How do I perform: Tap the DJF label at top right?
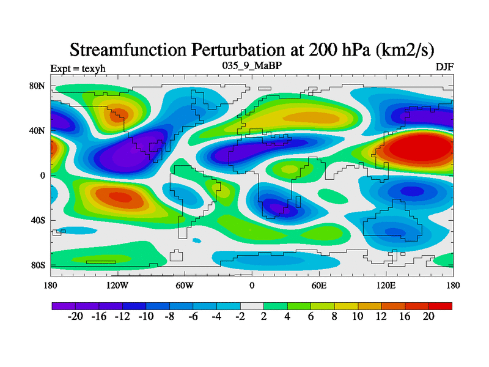coord(444,67)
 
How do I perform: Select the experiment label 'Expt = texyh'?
coord(78,68)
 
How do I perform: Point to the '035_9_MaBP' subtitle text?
coord(252,65)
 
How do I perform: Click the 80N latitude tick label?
coord(37,86)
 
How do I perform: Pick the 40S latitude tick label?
coord(37,220)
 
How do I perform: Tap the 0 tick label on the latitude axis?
coord(43,176)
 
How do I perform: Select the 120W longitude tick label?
coord(117,285)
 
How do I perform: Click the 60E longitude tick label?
coord(319,285)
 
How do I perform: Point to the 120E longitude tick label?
coord(386,285)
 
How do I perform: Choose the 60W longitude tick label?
coord(185,285)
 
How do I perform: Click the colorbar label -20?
coord(75,317)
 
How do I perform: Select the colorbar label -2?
coord(240,317)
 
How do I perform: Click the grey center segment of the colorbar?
coord(252,305)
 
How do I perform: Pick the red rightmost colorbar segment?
coord(440,305)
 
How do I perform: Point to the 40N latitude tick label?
coord(37,131)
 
